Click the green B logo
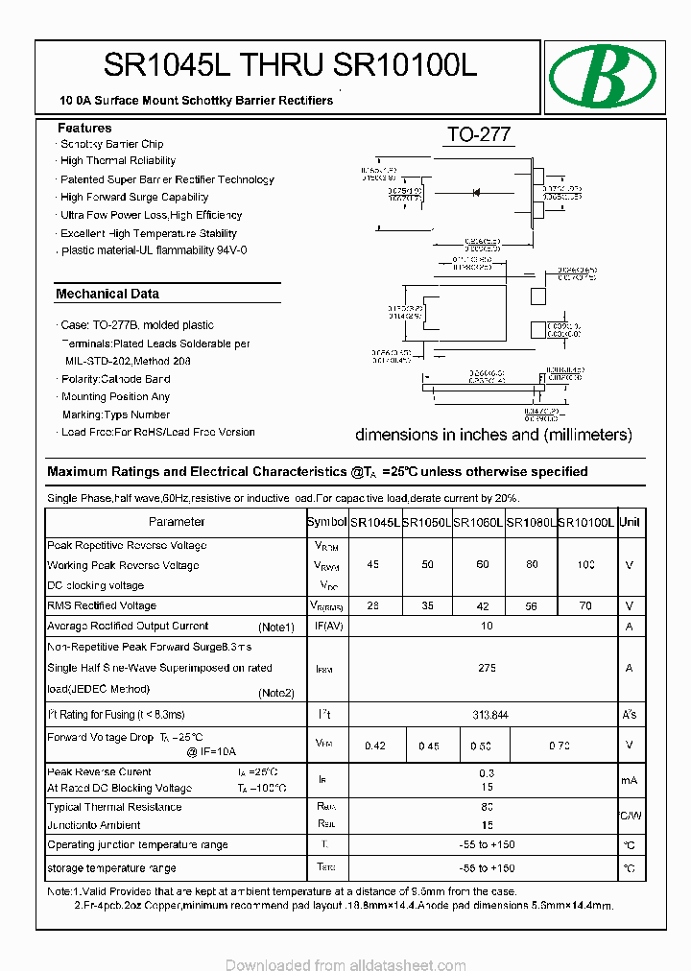click(602, 77)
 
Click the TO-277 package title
click(479, 135)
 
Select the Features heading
click(84, 128)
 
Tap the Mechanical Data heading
click(107, 294)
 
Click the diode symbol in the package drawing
click(476, 193)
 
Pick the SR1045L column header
click(374, 523)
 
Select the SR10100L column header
click(585, 523)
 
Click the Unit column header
click(630, 522)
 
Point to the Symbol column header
click(326, 522)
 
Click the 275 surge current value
click(487, 668)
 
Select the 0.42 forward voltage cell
click(375, 746)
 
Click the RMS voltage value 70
click(585, 606)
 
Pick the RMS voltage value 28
click(373, 606)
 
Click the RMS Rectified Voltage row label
click(102, 605)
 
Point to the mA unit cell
click(630, 780)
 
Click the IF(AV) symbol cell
click(326, 627)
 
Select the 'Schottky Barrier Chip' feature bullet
click(111, 144)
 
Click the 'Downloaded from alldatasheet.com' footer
click(345, 962)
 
